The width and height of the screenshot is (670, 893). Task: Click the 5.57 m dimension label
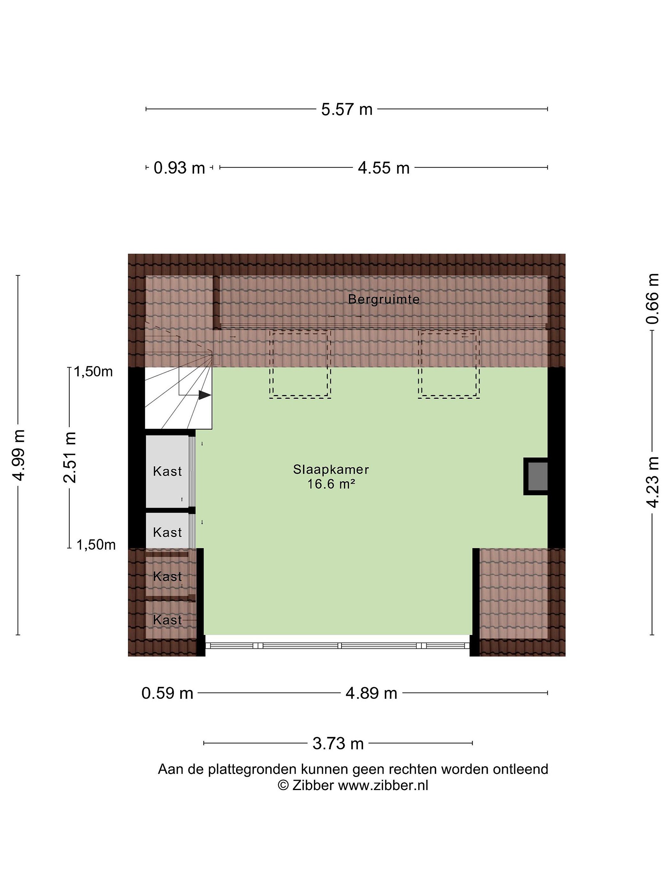(x=346, y=109)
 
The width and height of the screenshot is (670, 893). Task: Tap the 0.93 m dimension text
(x=179, y=167)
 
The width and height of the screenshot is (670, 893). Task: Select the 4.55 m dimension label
(x=384, y=167)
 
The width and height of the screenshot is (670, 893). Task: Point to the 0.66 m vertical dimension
(x=652, y=299)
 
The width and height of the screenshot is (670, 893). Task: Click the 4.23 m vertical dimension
(x=652, y=482)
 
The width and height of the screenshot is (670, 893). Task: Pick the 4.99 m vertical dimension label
(x=19, y=455)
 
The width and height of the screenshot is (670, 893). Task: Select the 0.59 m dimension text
(x=167, y=694)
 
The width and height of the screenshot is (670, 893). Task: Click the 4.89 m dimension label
(x=371, y=694)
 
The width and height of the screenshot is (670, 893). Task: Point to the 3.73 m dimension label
(x=338, y=743)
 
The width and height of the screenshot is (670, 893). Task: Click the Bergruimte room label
(x=384, y=299)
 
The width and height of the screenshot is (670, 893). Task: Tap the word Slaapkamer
(x=331, y=469)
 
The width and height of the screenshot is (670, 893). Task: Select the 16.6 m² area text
(x=331, y=484)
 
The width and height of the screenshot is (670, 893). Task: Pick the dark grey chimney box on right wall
(x=535, y=476)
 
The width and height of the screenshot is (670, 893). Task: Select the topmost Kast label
(x=167, y=471)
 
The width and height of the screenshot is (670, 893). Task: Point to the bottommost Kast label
(x=167, y=620)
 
